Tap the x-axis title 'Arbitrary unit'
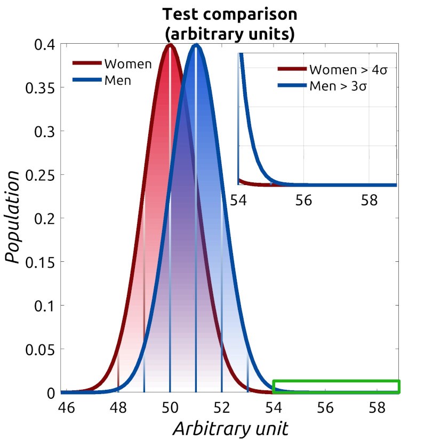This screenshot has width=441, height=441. pos(230,428)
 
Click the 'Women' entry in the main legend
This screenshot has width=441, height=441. pos(128,64)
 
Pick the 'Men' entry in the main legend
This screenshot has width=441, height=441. pos(117,81)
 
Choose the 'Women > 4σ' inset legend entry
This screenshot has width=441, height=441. pos(348,70)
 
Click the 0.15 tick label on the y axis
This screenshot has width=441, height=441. pos(41,262)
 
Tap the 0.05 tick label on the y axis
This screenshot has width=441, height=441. pos(41,349)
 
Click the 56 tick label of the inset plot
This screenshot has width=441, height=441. pos(303,201)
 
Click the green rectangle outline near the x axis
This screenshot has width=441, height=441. pos(336,381)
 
